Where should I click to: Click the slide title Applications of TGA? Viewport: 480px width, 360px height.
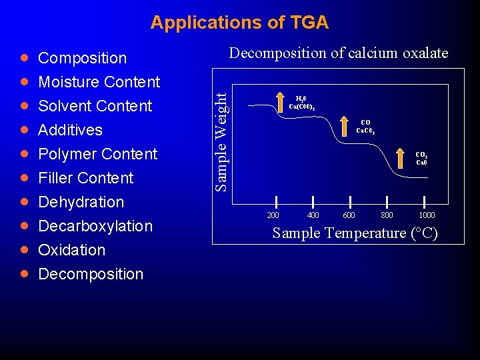[239, 23]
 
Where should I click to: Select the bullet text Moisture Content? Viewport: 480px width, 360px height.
[99, 82]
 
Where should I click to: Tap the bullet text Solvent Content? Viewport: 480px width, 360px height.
[95, 106]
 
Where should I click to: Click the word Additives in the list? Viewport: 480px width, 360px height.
[70, 130]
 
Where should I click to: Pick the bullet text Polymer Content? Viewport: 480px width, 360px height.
[97, 154]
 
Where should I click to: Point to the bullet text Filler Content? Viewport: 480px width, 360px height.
[85, 178]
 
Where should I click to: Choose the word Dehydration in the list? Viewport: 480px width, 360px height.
[81, 202]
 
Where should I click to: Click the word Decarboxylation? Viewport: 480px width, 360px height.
[95, 226]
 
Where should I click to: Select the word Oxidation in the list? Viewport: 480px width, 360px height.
[71, 250]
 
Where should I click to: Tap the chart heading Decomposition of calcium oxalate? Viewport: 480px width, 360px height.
[339, 53]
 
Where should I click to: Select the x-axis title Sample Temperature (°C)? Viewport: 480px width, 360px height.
[355, 233]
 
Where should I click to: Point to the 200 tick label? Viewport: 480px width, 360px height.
[273, 215]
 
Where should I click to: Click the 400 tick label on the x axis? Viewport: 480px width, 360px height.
[312, 215]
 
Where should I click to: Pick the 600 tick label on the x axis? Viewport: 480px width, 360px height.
[349, 215]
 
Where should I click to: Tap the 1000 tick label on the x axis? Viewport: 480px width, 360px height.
[426, 215]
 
